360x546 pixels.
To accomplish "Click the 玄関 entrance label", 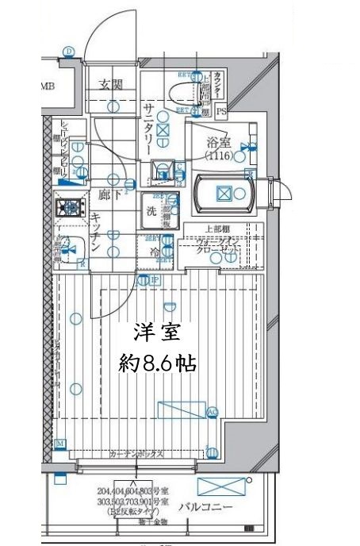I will (110, 85).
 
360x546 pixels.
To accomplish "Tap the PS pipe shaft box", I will (221, 111).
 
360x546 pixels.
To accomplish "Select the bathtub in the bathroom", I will (224, 193).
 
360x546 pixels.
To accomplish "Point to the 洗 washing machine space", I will (151, 212).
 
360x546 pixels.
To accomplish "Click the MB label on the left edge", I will (47, 87).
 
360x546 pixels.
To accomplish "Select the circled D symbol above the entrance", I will (69, 52).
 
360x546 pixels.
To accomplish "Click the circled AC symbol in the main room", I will (212, 412).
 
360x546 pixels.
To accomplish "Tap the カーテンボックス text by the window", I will (136, 454).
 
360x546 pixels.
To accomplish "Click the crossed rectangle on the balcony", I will (217, 487).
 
